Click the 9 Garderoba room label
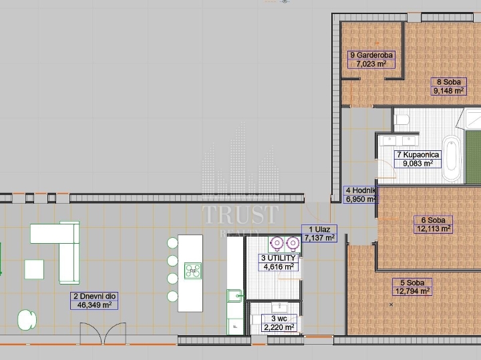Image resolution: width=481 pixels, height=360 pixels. pyautogui.click(x=371, y=55)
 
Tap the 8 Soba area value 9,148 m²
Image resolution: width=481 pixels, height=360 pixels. pyautogui.click(x=448, y=91)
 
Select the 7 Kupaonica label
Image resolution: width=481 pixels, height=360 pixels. pyautogui.click(x=418, y=155)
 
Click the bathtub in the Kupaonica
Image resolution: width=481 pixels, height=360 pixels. pyautogui.click(x=452, y=158)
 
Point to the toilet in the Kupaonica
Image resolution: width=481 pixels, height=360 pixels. pyautogui.click(x=402, y=120)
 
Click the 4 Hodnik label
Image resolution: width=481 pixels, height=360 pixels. pyautogui.click(x=361, y=190)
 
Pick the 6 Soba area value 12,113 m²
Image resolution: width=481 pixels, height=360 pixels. pyautogui.click(x=433, y=228)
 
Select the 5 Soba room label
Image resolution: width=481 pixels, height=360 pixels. pyautogui.click(x=412, y=283)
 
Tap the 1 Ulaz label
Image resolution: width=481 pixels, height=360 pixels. pyautogui.click(x=319, y=229)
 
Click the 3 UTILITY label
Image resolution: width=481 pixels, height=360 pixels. pyautogui.click(x=279, y=258)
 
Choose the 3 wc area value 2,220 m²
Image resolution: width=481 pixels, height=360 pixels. pyautogui.click(x=279, y=327)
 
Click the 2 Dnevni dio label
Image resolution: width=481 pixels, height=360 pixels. pyautogui.click(x=94, y=297)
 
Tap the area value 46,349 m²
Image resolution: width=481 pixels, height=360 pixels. pyautogui.click(x=94, y=305)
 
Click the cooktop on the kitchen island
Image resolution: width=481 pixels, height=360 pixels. pyautogui.click(x=193, y=271)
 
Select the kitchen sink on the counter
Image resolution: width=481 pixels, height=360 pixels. pyautogui.click(x=234, y=296)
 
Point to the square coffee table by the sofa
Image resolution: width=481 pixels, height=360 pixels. pyautogui.click(x=34, y=269)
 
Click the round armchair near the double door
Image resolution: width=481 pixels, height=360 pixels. pyautogui.click(x=27, y=320)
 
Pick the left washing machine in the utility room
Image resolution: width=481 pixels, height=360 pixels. pyautogui.click(x=277, y=243)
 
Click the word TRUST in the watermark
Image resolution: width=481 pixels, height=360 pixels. pyautogui.click(x=240, y=214)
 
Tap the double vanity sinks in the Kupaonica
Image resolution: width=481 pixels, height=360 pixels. pyautogui.click(x=399, y=141)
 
